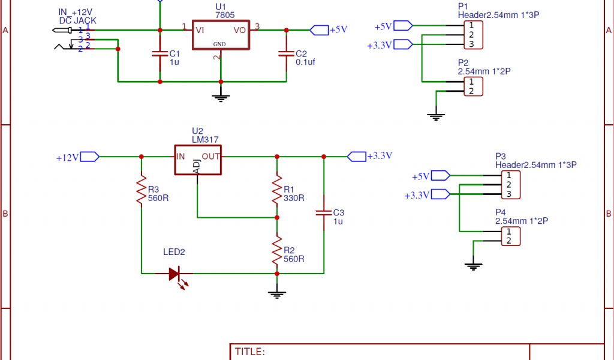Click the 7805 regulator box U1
pos(221,35)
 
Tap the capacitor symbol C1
pos(159,54)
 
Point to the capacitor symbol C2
pos(286,54)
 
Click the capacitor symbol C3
pos(324,212)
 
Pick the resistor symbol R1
pos(277,189)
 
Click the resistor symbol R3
pos(142,189)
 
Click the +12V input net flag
pos(89,157)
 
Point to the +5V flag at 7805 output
pos(319,29)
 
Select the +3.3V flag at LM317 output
pos(357,157)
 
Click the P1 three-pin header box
pos(472,35)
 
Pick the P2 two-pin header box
pos(472,86)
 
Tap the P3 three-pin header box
pos(510,185)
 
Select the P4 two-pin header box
pos(510,236)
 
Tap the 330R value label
pos(294,198)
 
